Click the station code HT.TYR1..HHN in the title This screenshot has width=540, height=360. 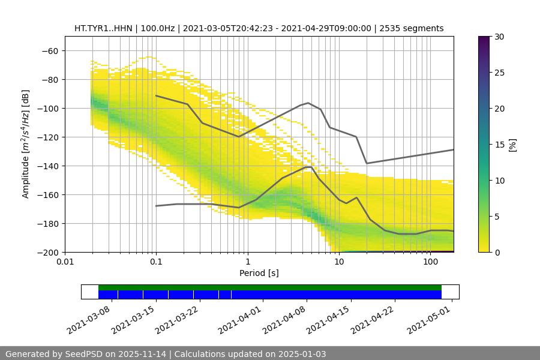tap(104, 28)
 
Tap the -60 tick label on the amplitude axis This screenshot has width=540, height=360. tap(49, 50)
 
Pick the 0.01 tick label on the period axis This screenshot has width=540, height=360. tap(65, 262)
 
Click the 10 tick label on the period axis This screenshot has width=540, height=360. tap(339, 262)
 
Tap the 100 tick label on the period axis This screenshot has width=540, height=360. tap(430, 262)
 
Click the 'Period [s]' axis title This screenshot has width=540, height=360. tap(259, 273)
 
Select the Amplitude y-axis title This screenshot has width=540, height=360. tap(26, 144)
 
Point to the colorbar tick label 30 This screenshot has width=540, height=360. tap(499, 37)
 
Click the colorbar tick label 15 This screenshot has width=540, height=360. tap(499, 145)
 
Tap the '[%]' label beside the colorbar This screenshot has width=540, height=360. tap(512, 145)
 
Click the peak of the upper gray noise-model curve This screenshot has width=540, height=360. tap(308, 103)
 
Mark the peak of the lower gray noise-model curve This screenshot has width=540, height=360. tap(308, 166)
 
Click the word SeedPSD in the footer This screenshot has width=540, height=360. tap(84, 354)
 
